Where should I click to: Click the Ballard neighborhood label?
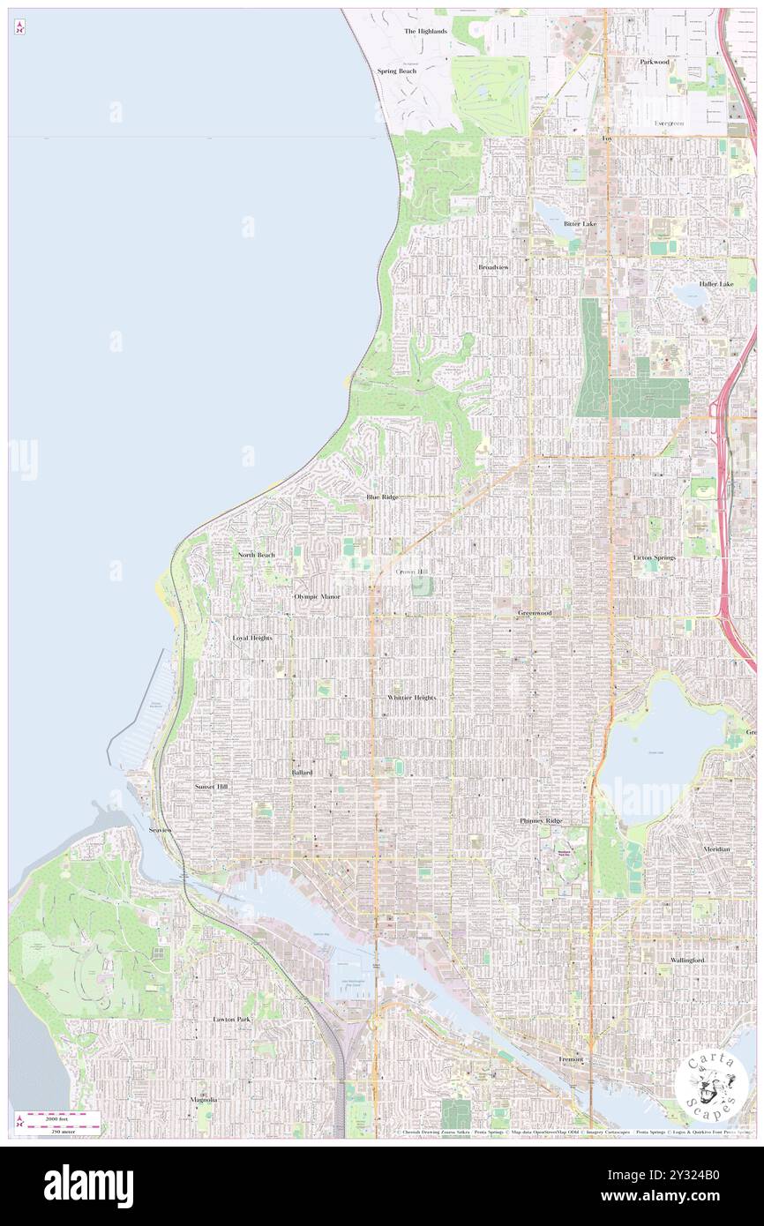coord(302,772)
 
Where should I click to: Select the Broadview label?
coord(493,266)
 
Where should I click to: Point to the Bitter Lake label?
coord(580,223)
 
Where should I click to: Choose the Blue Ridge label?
coord(383,497)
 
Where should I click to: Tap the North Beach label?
coord(256,555)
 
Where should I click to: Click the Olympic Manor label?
coord(317,596)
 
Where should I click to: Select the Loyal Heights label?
coord(252,637)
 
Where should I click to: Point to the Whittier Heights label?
coord(411,697)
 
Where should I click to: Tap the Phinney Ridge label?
coord(540,820)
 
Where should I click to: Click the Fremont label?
coord(571,1059)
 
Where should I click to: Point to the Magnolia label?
coord(204,1100)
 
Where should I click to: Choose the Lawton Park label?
coord(232,1019)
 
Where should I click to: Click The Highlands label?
coord(426,31)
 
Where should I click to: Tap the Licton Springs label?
coord(655,557)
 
